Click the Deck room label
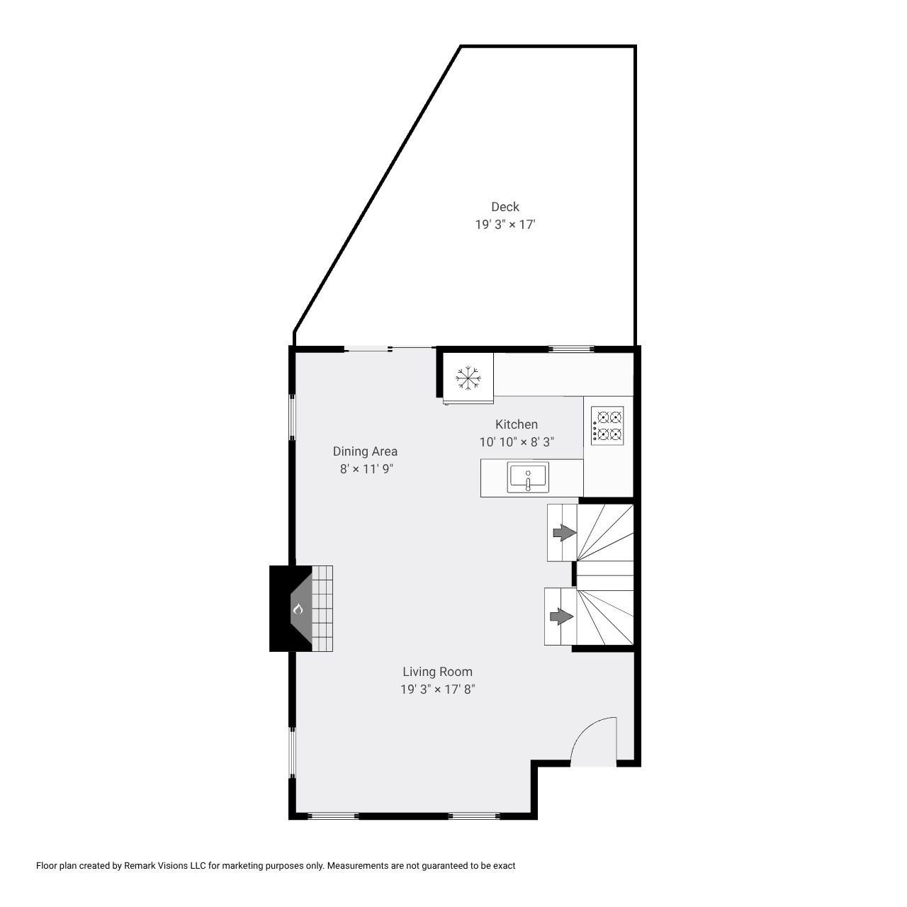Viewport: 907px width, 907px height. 505,207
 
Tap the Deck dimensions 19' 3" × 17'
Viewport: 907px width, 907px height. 505,225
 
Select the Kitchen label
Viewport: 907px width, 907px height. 516,424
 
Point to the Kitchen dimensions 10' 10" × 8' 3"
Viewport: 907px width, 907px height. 517,442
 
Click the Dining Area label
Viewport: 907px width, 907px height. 365,451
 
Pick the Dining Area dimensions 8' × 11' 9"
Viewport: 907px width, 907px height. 366,469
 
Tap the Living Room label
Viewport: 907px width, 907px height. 437,672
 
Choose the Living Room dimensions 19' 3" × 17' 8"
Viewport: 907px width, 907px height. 437,689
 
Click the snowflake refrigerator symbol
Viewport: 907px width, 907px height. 468,377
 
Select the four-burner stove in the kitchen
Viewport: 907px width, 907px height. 607,425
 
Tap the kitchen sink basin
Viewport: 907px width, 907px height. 528,478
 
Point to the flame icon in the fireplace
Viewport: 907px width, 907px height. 298,609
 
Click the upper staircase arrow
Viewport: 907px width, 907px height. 564,533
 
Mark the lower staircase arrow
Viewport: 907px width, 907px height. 561,616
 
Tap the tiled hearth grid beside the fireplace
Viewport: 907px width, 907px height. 322,608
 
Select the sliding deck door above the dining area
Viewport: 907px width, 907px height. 389,349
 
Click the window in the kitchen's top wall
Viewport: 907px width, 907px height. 571,349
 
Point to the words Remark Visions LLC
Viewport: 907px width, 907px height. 164,866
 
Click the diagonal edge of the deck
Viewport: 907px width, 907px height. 377,188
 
